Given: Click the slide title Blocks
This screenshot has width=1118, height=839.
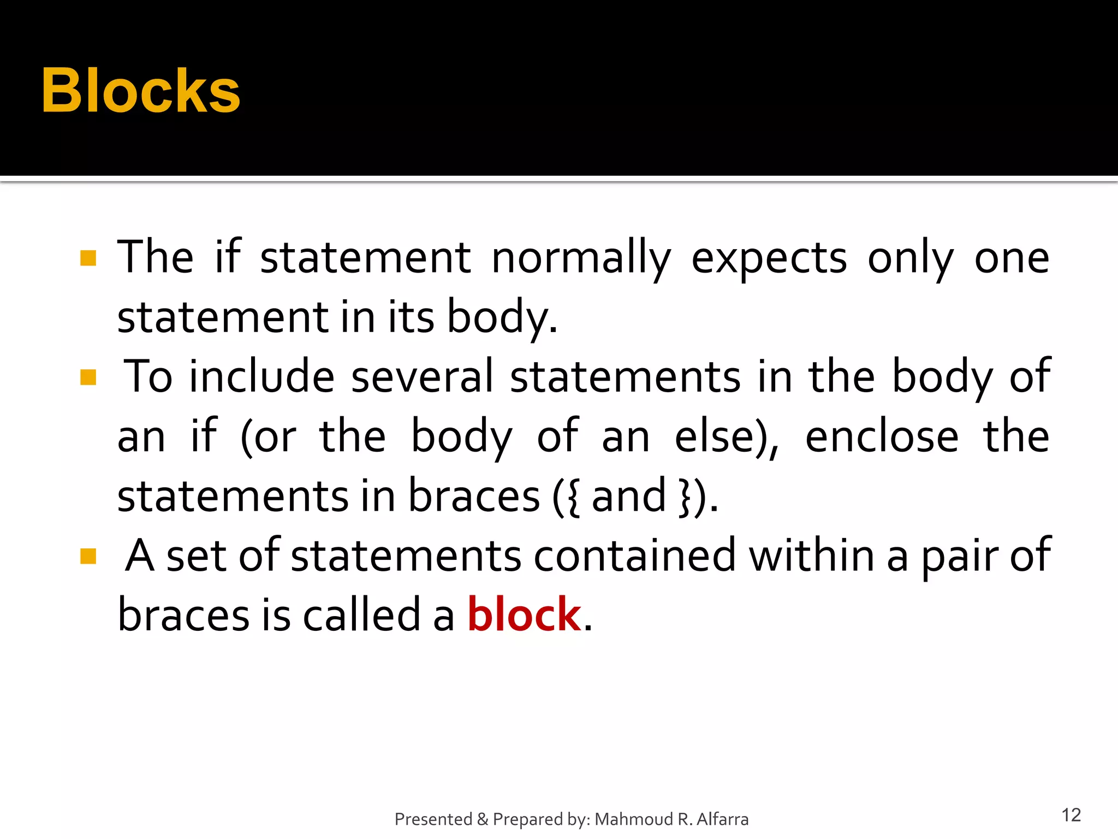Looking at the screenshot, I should [x=140, y=91].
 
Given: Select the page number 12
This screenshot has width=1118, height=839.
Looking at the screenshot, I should [x=1071, y=815].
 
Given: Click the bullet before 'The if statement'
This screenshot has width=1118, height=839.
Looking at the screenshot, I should [x=88, y=258].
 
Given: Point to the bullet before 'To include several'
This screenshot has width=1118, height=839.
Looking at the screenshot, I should [x=88, y=377].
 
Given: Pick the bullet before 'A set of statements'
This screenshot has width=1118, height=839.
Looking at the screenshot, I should [x=88, y=556].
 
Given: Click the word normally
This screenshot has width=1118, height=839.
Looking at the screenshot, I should [x=581, y=258].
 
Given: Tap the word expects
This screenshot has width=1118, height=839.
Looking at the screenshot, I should [x=769, y=258].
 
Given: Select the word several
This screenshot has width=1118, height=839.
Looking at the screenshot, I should [x=422, y=377].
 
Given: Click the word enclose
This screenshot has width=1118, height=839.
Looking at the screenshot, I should [x=882, y=437].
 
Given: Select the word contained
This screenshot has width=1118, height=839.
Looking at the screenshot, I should [x=634, y=556].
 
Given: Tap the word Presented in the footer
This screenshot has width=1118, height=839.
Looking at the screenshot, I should [x=433, y=819].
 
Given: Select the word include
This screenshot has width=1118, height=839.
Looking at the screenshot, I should [x=261, y=377].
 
